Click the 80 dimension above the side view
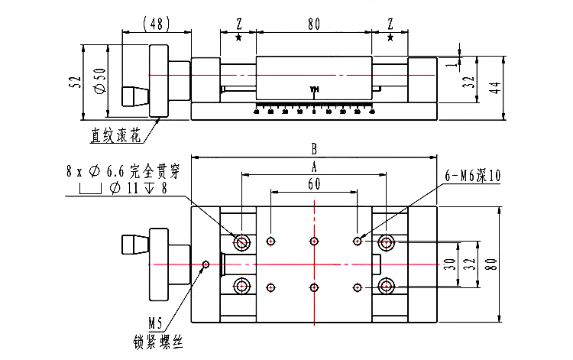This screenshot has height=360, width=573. click(313, 24)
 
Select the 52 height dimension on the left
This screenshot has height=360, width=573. click(75, 83)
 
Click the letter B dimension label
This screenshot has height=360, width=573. click(313, 148)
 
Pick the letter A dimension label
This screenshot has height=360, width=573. click(313, 166)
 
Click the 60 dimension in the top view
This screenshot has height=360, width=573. click(313, 183)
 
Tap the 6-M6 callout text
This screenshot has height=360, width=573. click(473, 175)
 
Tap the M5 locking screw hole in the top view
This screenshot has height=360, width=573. click(206, 264)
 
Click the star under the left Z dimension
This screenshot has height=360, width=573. click(239, 37)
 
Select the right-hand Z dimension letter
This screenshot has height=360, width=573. click(390, 24)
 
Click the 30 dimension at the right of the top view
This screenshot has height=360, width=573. click(450, 264)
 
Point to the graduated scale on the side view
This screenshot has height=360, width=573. click(313, 108)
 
